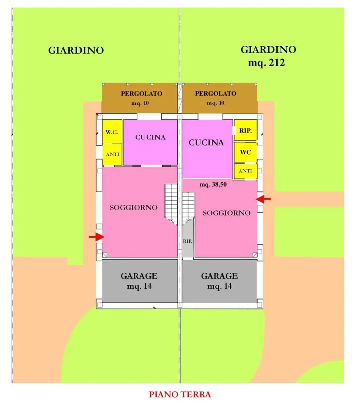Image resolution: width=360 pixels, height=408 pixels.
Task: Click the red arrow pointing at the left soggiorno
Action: pyautogui.click(x=96, y=237)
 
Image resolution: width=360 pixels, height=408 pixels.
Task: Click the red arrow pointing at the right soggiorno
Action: pyautogui.click(x=263, y=199)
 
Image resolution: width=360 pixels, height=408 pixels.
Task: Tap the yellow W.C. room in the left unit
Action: pyautogui.click(x=112, y=131)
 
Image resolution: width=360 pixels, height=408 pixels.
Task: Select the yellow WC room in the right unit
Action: pyautogui.click(x=245, y=152)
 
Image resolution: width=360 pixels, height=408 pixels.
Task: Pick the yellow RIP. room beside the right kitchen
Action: pyautogui.click(x=245, y=130)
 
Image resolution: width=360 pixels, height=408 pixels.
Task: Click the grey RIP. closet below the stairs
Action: pyautogui.click(x=188, y=241)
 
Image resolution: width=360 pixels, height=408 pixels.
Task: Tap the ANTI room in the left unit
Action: pyautogui.click(x=112, y=154)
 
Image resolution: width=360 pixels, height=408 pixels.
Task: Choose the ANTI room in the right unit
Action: pyautogui.click(x=245, y=171)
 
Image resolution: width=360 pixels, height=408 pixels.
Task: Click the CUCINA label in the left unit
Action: pyautogui.click(x=151, y=137)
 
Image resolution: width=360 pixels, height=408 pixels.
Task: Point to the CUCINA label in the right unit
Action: pyautogui.click(x=206, y=142)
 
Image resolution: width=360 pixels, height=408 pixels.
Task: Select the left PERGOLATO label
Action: pyautogui.click(x=141, y=93)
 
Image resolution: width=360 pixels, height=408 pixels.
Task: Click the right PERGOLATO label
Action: pyautogui.click(x=215, y=93)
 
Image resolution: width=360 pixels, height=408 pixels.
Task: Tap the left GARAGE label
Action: pyautogui.click(x=139, y=276)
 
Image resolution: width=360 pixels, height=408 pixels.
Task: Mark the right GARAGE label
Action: pyautogui.click(x=219, y=276)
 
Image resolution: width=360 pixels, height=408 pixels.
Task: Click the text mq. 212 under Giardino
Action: pyautogui.click(x=266, y=63)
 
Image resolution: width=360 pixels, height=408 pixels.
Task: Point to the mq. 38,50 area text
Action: pyautogui.click(x=213, y=185)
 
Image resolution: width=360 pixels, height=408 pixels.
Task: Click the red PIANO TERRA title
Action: pyautogui.click(x=180, y=394)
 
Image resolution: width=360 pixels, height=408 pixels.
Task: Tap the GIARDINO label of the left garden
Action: pyautogui.click(x=76, y=50)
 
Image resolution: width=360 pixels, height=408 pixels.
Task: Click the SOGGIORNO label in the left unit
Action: pyautogui.click(x=134, y=207)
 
